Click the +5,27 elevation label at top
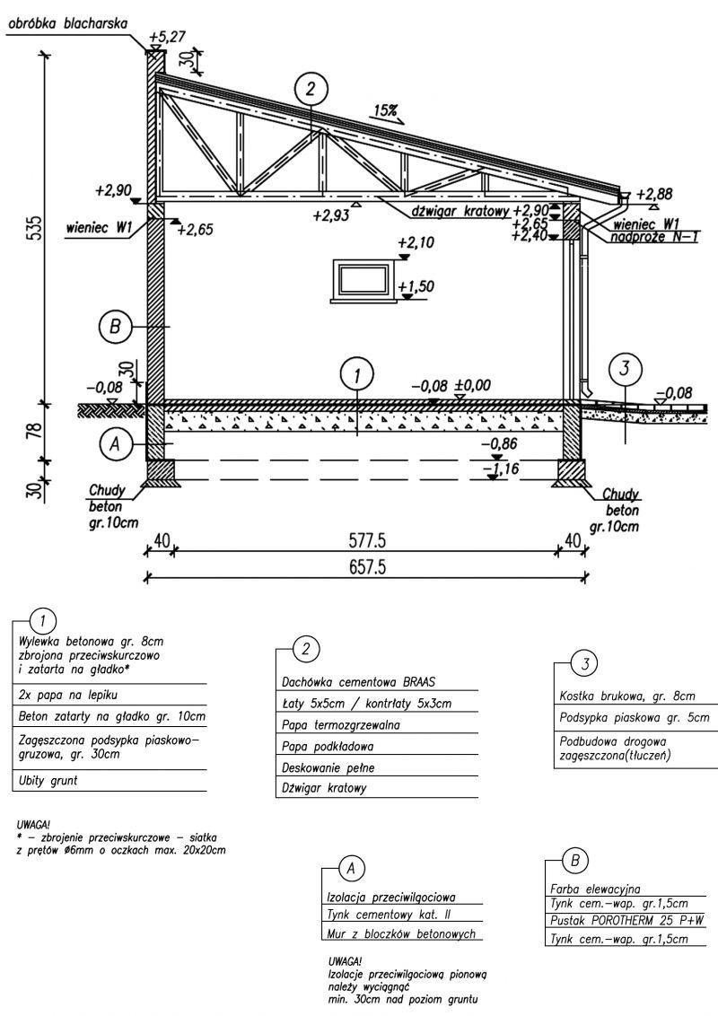point(169,38)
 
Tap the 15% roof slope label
point(387,111)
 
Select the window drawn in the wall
point(363,277)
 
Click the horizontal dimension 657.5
point(364,567)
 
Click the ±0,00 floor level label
point(473,386)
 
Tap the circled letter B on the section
point(115,328)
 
